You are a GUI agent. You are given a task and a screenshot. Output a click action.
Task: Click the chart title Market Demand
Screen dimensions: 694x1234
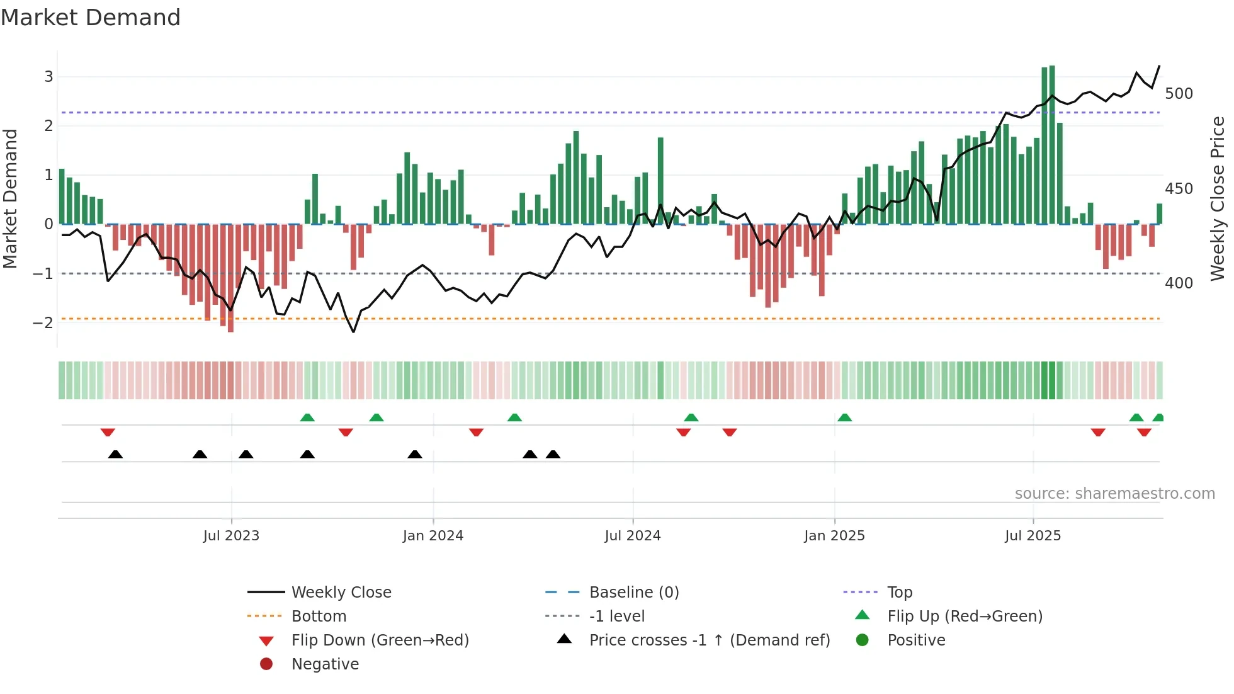point(91,18)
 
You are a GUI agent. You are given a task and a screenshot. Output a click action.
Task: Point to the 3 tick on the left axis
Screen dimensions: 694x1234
point(48,77)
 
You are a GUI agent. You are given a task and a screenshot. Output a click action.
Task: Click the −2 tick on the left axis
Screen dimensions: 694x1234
point(43,323)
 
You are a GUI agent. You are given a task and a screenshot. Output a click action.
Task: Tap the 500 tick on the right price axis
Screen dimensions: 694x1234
point(1179,94)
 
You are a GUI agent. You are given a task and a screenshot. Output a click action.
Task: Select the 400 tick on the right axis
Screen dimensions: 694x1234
point(1179,283)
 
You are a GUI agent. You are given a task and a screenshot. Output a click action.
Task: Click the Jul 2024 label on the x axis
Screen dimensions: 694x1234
point(632,536)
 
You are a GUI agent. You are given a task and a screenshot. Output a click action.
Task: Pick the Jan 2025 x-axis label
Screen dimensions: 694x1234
point(834,536)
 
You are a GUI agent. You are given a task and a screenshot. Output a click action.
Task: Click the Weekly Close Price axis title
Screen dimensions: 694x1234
point(1218,198)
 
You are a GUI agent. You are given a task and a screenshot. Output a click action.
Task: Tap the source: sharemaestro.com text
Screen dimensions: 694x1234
point(1114,494)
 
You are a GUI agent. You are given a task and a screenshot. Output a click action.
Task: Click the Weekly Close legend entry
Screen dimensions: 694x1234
point(341,593)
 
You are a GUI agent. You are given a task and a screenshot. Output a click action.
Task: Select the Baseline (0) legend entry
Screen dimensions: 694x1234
point(633,593)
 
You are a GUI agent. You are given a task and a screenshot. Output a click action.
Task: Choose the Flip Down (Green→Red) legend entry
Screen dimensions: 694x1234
point(380,640)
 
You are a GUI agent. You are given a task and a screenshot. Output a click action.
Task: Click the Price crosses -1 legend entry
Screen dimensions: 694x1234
point(709,640)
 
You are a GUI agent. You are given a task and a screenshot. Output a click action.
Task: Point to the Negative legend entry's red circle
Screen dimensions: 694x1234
point(266,664)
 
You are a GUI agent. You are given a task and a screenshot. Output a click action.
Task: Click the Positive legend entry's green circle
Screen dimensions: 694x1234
point(863,640)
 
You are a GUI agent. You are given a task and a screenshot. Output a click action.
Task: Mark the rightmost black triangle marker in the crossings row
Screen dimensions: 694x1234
point(553,455)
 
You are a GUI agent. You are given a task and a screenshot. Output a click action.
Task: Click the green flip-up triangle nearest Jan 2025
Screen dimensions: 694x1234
point(845,418)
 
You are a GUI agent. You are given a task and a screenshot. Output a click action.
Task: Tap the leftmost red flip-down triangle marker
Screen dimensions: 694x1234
point(108,433)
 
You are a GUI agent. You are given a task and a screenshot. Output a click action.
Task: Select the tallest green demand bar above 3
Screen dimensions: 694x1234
point(1052,145)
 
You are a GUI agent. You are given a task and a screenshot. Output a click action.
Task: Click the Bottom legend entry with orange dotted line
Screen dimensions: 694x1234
point(319,617)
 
